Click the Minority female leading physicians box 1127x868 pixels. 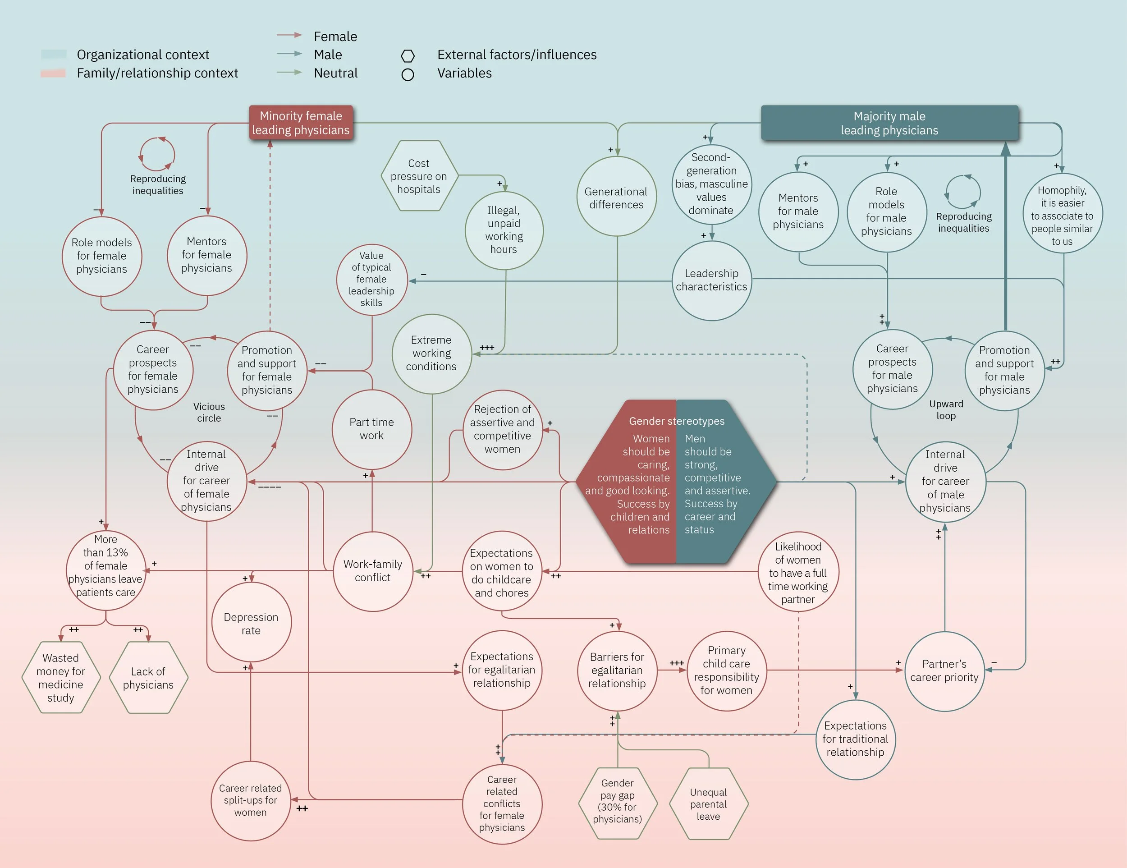pos(301,123)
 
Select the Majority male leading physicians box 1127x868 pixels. pos(889,123)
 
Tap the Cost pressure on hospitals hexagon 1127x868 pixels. pos(419,176)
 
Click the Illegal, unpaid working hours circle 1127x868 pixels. pos(504,230)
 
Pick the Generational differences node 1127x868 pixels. pos(617,197)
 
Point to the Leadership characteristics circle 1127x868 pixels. pos(712,280)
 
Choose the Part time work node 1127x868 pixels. pos(372,429)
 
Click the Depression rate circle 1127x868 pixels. pos(251,622)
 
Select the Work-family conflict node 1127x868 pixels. pos(373,571)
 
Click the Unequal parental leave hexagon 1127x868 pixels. pos(709,804)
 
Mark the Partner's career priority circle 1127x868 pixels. pos(945,671)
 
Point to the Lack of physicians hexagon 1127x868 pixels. pos(149,678)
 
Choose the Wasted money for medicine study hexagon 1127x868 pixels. pos(61,678)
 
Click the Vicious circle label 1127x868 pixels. pos(209,412)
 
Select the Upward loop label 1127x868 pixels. pos(946,410)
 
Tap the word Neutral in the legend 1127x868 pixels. pos(335,73)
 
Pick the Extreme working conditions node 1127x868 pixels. pos(432,354)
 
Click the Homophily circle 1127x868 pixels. pos(1063,214)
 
